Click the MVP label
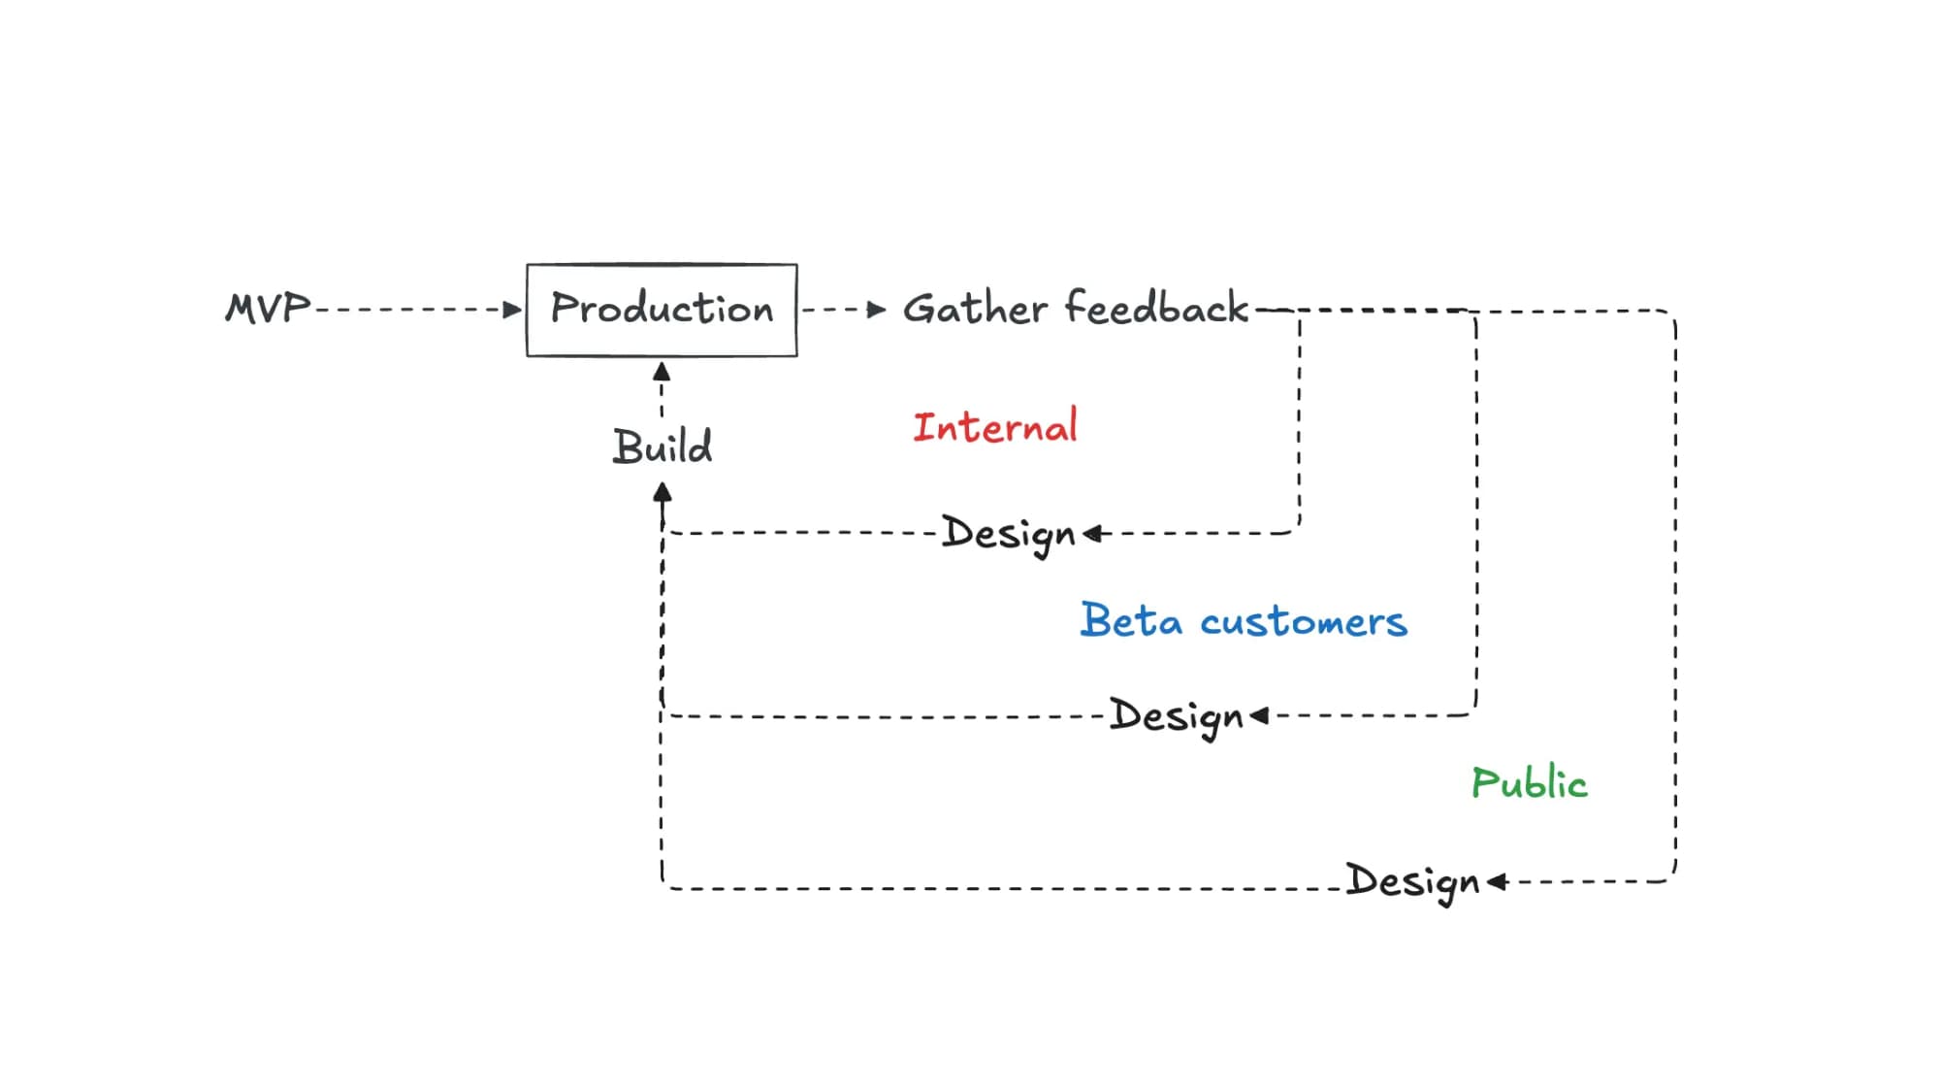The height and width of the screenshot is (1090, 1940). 268,309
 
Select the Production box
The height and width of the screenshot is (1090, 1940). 662,310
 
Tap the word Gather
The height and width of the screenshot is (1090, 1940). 975,309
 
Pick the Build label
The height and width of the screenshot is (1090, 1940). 663,446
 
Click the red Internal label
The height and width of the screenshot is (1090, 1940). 995,427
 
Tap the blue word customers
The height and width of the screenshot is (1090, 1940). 1304,622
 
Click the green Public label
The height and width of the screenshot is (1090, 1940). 1530,782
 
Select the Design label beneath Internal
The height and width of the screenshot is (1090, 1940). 1009,534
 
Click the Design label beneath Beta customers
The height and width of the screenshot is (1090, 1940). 1176,717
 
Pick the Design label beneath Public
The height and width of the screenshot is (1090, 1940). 1412,882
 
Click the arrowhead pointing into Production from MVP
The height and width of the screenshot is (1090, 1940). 513,310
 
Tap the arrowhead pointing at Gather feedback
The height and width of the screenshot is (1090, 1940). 877,310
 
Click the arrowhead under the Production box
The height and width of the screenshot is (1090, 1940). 662,372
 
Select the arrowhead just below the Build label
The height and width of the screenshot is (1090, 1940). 663,492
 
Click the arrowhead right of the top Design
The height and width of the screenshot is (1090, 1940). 1092,533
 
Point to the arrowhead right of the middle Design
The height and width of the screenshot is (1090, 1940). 1259,715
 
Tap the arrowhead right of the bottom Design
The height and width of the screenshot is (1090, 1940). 1497,881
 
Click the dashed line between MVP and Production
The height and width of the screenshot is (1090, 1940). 407,310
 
